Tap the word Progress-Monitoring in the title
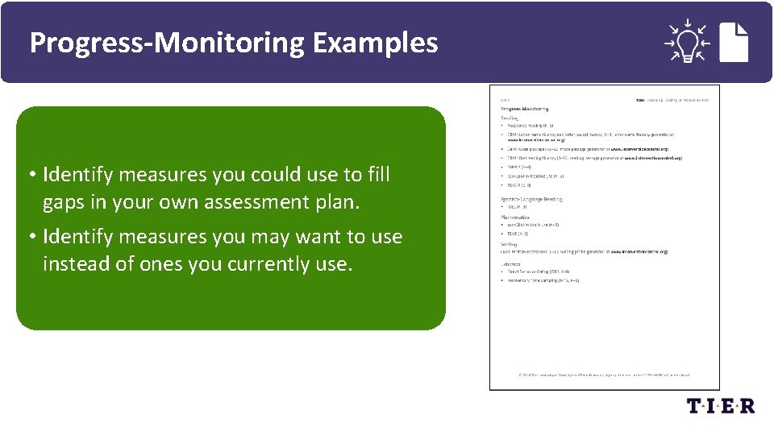tap(168, 42)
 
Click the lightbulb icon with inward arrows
tap(686, 41)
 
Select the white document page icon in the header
tap(734, 41)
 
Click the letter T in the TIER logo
tap(695, 406)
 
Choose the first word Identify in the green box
tap(80, 175)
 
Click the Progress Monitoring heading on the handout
tap(525, 108)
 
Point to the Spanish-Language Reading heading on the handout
tap(531, 199)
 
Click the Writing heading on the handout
tap(510, 242)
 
